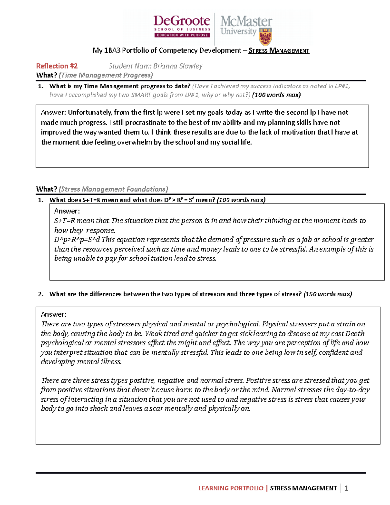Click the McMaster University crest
click(x=266, y=36)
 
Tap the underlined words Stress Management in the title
click(x=279, y=51)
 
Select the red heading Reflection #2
click(x=57, y=66)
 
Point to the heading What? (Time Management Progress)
click(x=95, y=75)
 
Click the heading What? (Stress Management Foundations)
click(x=102, y=189)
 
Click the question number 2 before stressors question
click(x=40, y=294)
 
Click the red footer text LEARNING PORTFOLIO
click(x=231, y=488)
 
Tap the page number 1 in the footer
click(x=346, y=488)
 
